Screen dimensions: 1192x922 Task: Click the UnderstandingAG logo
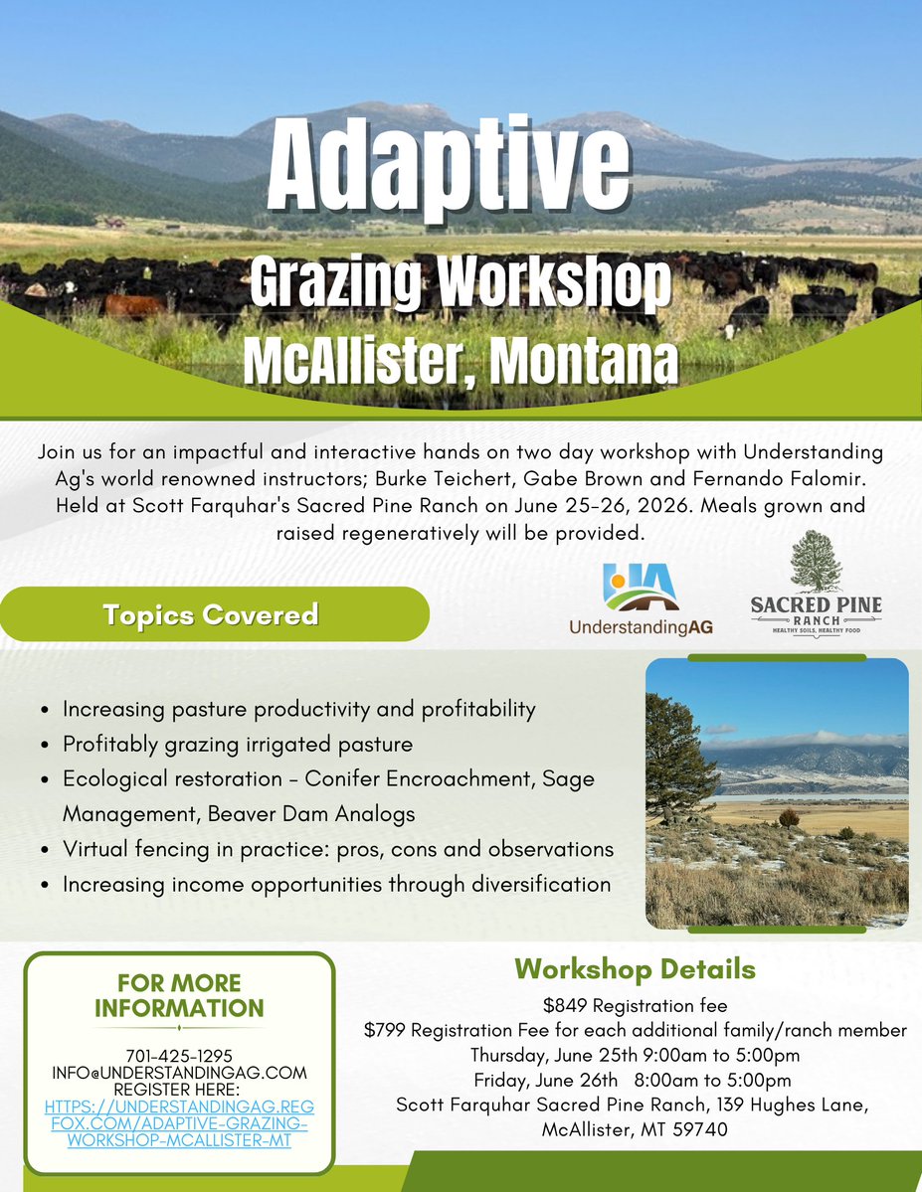point(641,598)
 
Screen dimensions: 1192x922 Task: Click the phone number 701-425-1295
point(179,1055)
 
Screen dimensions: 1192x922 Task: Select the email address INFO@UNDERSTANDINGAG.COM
point(179,1073)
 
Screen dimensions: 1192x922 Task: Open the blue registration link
point(179,1122)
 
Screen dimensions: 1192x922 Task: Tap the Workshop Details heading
point(635,969)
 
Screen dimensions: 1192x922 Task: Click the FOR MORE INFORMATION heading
point(179,995)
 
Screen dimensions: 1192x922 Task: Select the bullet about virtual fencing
point(338,850)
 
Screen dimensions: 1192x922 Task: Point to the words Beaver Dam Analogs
point(311,814)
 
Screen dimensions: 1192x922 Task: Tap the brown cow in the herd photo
point(134,304)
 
